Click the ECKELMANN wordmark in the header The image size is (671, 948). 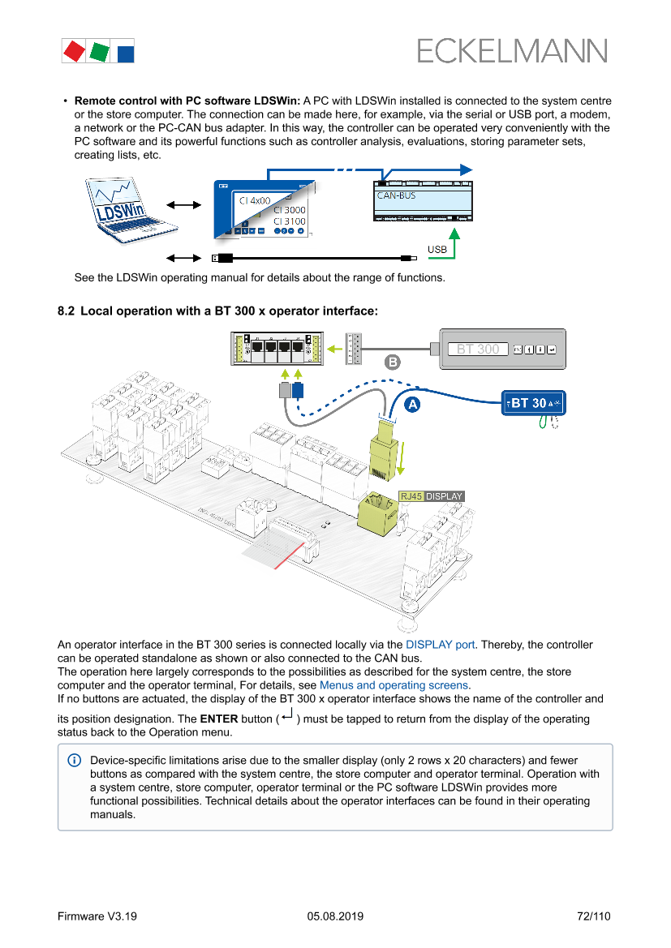(x=512, y=51)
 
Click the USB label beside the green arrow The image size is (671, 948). (x=437, y=249)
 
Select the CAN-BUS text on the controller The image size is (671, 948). (x=396, y=195)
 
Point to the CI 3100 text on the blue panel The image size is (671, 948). (x=289, y=221)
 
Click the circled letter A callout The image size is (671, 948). (x=412, y=403)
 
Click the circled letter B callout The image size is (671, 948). (x=392, y=362)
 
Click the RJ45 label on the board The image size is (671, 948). (x=411, y=496)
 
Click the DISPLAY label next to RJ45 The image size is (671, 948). (x=444, y=496)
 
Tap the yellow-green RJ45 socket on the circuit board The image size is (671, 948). (x=377, y=513)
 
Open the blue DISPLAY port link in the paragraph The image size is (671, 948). (x=440, y=645)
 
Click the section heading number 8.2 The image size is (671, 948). (x=66, y=311)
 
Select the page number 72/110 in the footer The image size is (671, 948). (x=593, y=916)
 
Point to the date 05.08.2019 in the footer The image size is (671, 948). (x=335, y=916)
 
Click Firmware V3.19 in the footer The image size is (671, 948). (x=97, y=916)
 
